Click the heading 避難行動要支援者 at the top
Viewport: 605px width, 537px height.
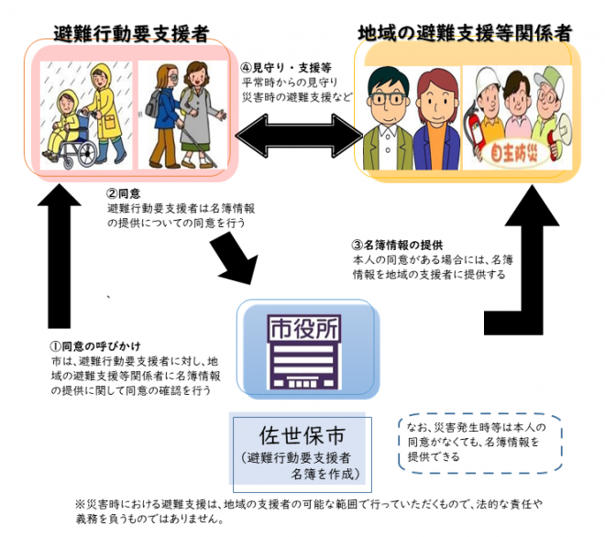point(130,34)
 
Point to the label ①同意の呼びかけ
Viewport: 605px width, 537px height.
point(95,345)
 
